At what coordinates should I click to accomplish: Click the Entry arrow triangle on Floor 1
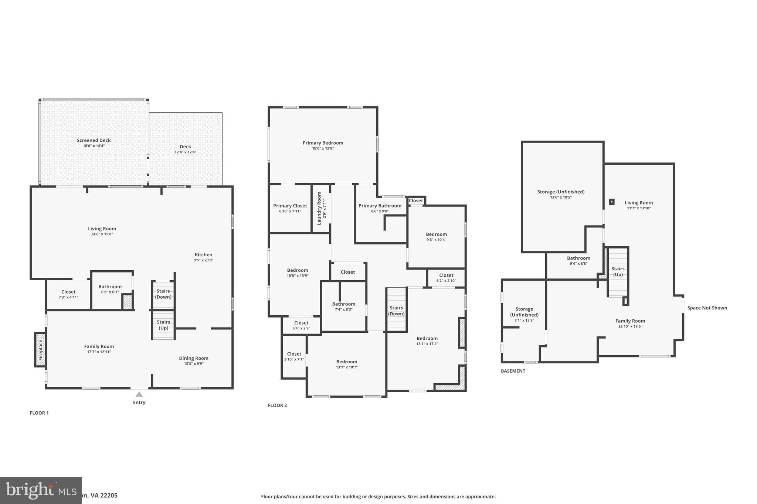139,394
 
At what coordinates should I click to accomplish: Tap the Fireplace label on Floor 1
41,350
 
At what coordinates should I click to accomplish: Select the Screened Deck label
94,140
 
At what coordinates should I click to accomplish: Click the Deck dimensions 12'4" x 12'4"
185,152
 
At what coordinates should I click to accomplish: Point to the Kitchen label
203,255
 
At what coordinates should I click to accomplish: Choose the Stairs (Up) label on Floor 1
163,325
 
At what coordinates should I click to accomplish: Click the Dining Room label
194,358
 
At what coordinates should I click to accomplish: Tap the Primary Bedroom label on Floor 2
323,143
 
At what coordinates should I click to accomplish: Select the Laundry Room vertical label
319,208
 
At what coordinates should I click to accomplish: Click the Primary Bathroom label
380,206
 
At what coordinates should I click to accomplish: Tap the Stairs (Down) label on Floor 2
396,311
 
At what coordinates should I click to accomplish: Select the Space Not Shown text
707,308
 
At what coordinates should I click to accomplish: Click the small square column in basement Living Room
612,202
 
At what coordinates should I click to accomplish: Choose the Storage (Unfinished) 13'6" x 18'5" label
561,192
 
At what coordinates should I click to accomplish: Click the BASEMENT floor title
513,371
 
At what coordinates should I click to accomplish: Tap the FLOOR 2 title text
277,405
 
